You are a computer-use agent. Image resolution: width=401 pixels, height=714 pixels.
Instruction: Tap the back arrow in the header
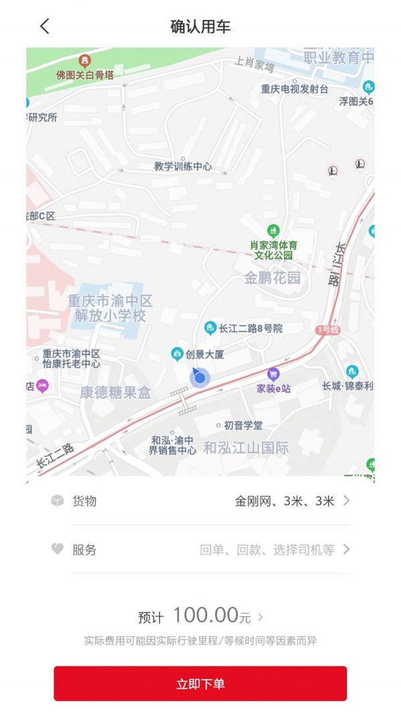coord(45,27)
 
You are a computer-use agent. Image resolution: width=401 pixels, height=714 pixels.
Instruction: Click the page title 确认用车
coord(200,27)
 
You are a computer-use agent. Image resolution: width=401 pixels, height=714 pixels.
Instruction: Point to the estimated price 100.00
coord(206,615)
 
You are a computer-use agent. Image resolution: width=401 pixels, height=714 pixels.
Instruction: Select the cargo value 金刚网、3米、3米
coord(285,501)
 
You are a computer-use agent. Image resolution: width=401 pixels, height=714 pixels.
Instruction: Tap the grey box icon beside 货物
coord(57,501)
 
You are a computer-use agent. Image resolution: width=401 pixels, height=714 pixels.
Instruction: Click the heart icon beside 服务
coord(57,549)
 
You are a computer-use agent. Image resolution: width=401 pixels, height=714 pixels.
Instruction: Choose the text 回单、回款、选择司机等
coord(267,550)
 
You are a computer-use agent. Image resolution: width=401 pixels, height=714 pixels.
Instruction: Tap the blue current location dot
coord(200,378)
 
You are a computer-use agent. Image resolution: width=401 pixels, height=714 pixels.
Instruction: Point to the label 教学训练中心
coord(182,167)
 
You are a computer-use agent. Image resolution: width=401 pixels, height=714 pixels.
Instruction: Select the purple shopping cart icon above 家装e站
coord(273,374)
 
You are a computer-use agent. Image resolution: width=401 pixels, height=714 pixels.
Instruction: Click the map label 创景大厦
coord(205,355)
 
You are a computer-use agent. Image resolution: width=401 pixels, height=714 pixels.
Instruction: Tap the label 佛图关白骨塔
coord(85,75)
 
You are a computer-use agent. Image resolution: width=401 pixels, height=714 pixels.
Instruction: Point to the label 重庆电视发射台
coord(295,89)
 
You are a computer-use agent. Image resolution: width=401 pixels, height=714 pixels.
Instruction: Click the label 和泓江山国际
coord(247,448)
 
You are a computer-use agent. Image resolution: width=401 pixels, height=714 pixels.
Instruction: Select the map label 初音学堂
coord(243,425)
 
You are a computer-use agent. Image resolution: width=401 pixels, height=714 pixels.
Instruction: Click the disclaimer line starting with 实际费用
coord(200,640)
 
